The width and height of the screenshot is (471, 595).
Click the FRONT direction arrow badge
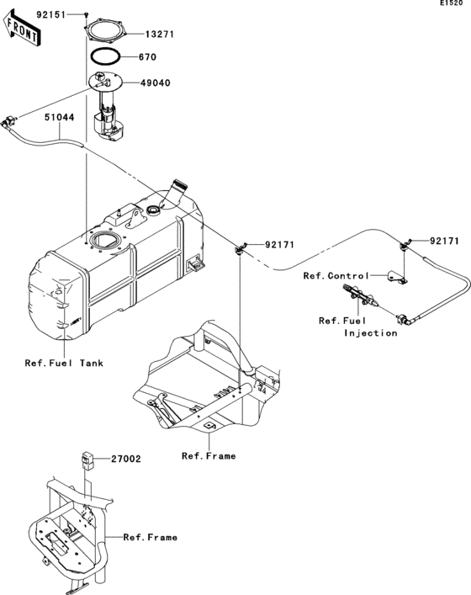[x=23, y=32]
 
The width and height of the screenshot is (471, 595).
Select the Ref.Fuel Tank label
[x=64, y=364]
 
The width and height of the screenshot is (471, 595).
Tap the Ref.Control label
[x=336, y=276]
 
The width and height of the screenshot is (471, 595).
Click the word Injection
[x=370, y=333]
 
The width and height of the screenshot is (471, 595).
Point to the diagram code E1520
[x=451, y=5]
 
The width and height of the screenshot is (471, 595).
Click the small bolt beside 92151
[x=87, y=15]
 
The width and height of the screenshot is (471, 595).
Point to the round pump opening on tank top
[x=107, y=242]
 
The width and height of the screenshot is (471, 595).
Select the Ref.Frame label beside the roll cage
[x=150, y=537]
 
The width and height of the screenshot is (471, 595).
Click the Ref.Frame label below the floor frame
[x=209, y=455]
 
